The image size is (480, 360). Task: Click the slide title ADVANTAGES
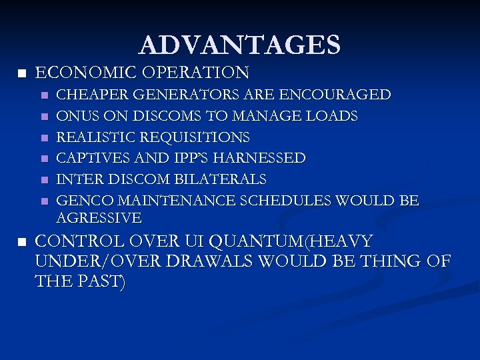(x=240, y=45)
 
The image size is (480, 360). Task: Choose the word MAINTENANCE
(x=162, y=201)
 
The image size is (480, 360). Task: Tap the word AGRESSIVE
(x=99, y=217)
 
